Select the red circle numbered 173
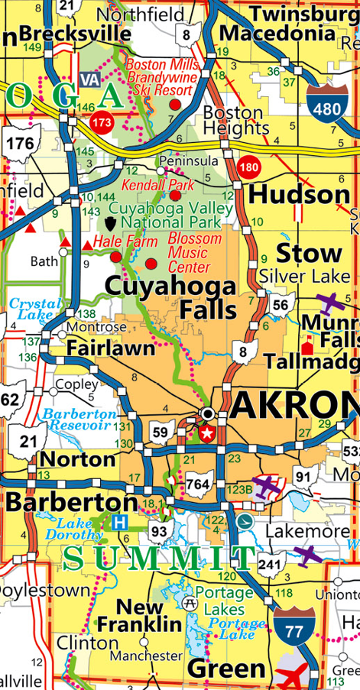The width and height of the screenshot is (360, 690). (102, 121)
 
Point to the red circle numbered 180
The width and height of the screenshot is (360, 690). (248, 167)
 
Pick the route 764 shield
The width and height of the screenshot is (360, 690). (198, 484)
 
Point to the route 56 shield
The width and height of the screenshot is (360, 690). (281, 306)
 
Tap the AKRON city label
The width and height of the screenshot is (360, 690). (294, 405)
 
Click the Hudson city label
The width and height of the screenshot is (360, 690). (300, 196)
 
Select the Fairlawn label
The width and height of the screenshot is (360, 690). (111, 348)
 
